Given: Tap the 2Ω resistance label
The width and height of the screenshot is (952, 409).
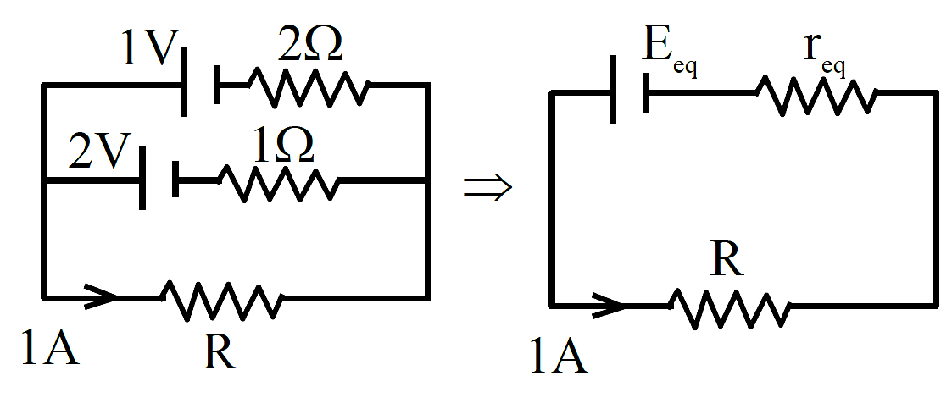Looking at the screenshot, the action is pyautogui.click(x=310, y=45).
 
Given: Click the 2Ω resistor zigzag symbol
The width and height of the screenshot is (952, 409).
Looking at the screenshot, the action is pyautogui.click(x=309, y=88).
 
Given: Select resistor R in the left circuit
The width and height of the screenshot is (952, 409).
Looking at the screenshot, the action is pyautogui.click(x=221, y=299).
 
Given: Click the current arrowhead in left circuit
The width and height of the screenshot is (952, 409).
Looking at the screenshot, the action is pyautogui.click(x=100, y=296).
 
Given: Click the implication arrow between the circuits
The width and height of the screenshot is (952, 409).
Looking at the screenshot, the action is pyautogui.click(x=488, y=188).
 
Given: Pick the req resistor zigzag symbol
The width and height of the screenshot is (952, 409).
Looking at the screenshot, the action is pyautogui.click(x=816, y=95).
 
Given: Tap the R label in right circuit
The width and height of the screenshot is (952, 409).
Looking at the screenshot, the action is pyautogui.click(x=728, y=260).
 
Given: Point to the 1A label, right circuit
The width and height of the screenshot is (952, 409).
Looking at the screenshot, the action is pyautogui.click(x=560, y=356).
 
